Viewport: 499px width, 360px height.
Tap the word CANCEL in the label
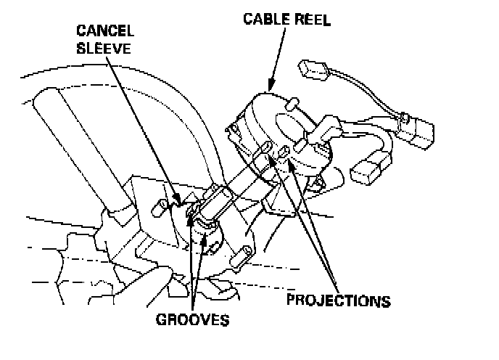[x=104, y=32]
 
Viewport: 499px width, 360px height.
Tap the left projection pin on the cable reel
[x=265, y=149]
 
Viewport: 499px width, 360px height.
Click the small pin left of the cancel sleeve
[x=155, y=208]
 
